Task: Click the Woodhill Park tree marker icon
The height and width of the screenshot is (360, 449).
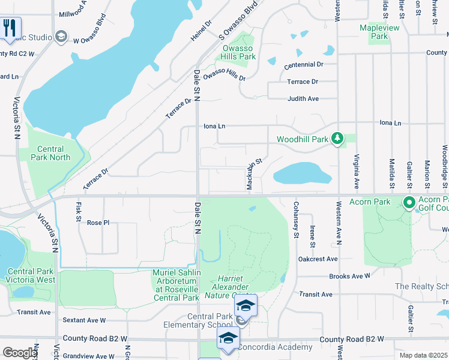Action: tap(338, 139)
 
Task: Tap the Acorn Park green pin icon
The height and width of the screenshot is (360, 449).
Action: tap(410, 203)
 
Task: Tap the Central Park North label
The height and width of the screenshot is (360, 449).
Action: tap(54, 153)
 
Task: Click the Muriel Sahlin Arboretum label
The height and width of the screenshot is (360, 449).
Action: tap(175, 285)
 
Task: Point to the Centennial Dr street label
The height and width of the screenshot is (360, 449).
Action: tap(304, 64)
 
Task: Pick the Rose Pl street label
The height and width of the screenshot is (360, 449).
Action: tap(98, 223)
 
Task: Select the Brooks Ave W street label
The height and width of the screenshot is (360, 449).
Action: tap(350, 276)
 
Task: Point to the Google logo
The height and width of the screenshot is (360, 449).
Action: tap(20, 353)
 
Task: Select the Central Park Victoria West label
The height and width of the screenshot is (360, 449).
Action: tap(31, 275)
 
